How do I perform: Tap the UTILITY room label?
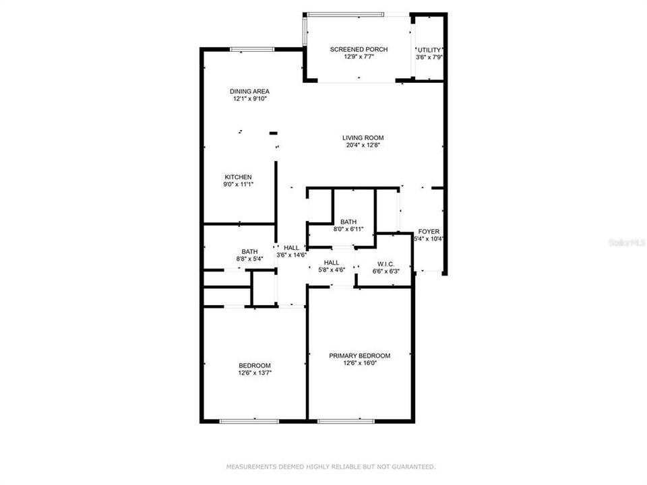(429, 50)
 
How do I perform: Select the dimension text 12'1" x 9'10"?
(251, 99)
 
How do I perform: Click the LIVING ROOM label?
(363, 137)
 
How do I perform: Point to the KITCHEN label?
(239, 177)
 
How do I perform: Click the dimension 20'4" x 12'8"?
(363, 145)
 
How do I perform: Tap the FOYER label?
(429, 231)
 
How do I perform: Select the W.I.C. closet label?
(386, 263)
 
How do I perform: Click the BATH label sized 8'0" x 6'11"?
(348, 222)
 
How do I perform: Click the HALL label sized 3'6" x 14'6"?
(291, 248)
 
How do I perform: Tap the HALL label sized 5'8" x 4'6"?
(332, 263)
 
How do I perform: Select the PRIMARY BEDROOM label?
(359, 356)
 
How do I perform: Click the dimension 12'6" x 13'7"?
(255, 373)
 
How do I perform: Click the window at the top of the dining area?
(252, 48)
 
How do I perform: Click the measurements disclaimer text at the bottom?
(330, 466)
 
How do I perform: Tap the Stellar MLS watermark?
(626, 242)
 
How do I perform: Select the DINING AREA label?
(249, 91)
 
